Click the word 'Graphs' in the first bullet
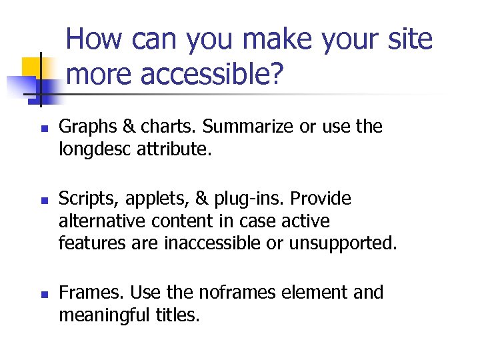coord(85,127)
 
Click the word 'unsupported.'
coord(343,243)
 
